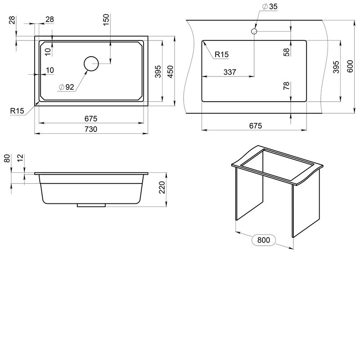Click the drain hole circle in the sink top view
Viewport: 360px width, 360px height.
click(91, 57)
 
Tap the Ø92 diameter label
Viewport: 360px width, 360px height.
click(66, 87)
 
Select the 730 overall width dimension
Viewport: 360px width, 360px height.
click(91, 129)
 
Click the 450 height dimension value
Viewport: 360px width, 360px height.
click(171, 72)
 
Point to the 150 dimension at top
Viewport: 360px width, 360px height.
click(106, 20)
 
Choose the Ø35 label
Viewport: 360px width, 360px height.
click(270, 6)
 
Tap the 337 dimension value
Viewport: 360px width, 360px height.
click(229, 72)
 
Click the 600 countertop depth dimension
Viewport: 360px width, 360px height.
click(350, 66)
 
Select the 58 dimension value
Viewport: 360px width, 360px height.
click(287, 52)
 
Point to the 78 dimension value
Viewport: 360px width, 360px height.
click(287, 86)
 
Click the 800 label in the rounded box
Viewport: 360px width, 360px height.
click(264, 240)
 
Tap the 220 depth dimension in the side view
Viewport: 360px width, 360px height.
click(162, 187)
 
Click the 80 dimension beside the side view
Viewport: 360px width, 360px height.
click(7, 158)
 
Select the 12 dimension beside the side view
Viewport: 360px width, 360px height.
click(20, 158)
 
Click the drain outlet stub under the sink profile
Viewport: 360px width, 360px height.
click(91, 205)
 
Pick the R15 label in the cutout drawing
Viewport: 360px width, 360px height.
click(221, 54)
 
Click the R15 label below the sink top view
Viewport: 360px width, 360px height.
click(17, 111)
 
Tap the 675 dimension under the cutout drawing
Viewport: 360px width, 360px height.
click(255, 126)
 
